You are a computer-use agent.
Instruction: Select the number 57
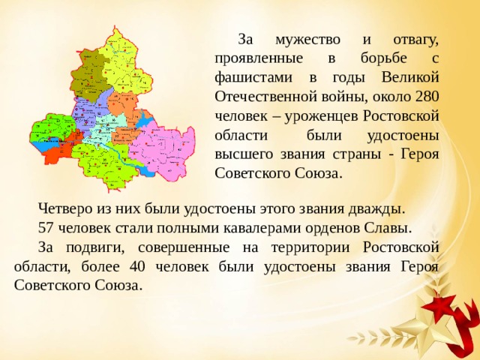pos(46,226)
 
